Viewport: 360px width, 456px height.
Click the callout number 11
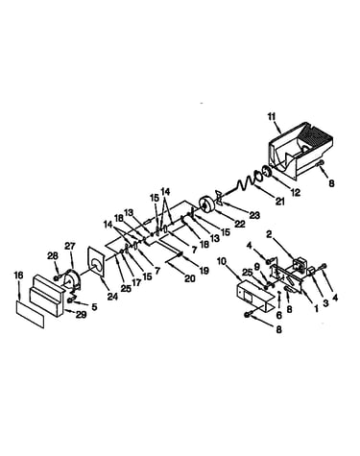272,116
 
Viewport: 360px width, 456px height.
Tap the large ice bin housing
300,149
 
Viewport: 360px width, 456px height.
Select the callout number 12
296,192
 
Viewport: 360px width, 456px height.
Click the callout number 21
279,201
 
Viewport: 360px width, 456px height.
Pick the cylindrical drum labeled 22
206,204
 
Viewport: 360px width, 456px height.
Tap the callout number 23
254,215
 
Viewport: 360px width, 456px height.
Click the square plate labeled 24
96,261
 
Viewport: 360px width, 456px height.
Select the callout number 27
70,247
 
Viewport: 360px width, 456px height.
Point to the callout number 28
53,255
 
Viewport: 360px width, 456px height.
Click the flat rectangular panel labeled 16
30,314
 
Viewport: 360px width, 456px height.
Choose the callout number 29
81,315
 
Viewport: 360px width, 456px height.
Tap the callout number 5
94,307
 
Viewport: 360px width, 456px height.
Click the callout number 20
190,278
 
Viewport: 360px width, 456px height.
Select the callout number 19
204,271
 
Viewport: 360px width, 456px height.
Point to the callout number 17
136,283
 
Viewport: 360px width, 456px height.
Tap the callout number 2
269,235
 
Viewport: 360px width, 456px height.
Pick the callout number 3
325,303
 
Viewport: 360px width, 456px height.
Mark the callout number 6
279,315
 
